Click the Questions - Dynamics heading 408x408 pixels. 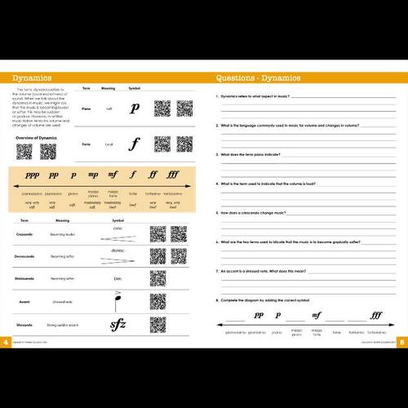[x=258, y=78]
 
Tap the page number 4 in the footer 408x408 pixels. [x=6, y=342]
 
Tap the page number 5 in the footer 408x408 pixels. [x=402, y=342]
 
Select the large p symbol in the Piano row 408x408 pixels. [x=135, y=109]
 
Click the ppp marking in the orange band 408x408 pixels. [x=32, y=175]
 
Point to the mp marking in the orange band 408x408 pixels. [x=93, y=175]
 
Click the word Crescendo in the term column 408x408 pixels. [x=24, y=234]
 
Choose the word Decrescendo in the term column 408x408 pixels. [x=26, y=256]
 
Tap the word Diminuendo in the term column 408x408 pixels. [x=25, y=278]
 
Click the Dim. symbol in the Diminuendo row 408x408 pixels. [x=118, y=278]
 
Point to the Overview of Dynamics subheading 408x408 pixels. [x=37, y=138]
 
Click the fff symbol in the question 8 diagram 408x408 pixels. [x=375, y=315]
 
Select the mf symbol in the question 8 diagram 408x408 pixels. [x=317, y=315]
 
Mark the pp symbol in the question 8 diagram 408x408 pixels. [x=259, y=315]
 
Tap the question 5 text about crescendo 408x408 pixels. [x=259, y=212]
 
